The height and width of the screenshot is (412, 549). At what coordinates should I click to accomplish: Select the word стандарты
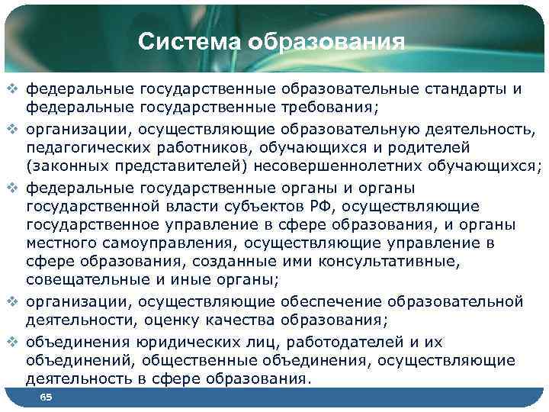(464, 90)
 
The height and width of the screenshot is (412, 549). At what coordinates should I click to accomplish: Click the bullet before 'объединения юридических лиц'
(11, 343)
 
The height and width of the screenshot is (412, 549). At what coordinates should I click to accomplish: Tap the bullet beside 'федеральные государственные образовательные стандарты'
(11, 90)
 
